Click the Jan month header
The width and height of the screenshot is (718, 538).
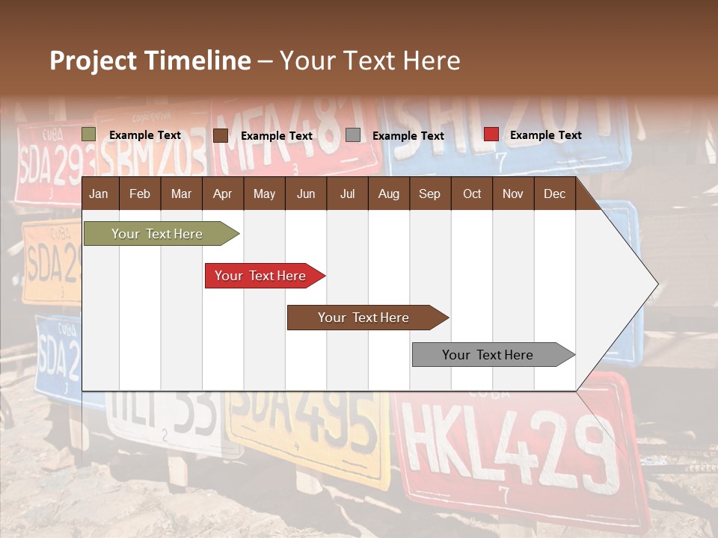coord(99,194)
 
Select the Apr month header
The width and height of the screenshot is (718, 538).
coord(222,194)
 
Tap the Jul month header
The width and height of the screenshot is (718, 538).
coord(347,194)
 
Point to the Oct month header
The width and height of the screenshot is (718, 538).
coord(472,194)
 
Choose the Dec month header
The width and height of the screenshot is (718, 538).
coord(554,194)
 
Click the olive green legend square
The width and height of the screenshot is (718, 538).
coord(89,134)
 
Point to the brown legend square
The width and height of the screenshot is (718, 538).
coord(221,135)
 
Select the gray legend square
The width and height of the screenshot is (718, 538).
coord(353,135)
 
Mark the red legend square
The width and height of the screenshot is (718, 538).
coord(491,134)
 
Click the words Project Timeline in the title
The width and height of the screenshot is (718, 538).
coord(150,61)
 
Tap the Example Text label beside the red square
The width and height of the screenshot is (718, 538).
coord(545,135)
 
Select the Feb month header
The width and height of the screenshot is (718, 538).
coord(140,194)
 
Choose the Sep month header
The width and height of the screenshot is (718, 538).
coord(429,194)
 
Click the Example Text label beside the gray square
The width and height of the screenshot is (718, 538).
coord(408,136)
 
